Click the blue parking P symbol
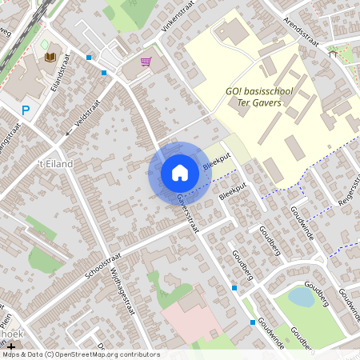tap(26, 111)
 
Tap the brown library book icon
tap(50, 57)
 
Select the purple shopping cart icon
tap(146, 62)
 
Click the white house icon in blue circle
tap(179, 173)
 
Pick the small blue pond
tap(301, 298)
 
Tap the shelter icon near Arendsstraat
tap(333, 54)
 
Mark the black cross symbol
tap(11, 346)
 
